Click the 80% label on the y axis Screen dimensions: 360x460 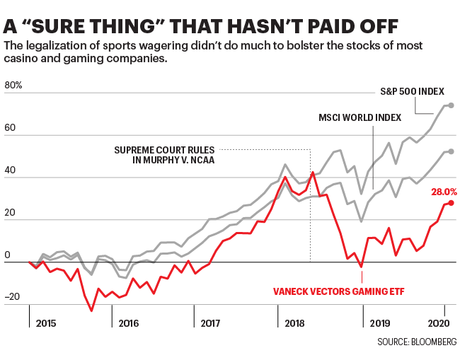pyautogui.click(x=13, y=86)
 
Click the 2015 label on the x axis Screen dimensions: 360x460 pyautogui.click(x=46, y=323)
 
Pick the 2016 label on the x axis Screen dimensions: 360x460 pyautogui.click(x=129, y=323)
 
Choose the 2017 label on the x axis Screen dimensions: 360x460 pyautogui.click(x=212, y=323)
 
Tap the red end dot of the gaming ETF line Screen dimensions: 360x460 pyautogui.click(x=451, y=203)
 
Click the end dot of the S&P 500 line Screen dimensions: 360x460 pyautogui.click(x=451, y=105)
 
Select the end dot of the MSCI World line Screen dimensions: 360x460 pyautogui.click(x=451, y=151)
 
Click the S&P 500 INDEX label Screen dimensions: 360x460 pyautogui.click(x=411, y=91)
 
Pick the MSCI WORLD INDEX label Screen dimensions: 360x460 pyautogui.click(x=360, y=116)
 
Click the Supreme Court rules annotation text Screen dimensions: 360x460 pyautogui.click(x=164, y=154)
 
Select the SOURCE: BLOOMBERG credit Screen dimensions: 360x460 pyautogui.click(x=416, y=342)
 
